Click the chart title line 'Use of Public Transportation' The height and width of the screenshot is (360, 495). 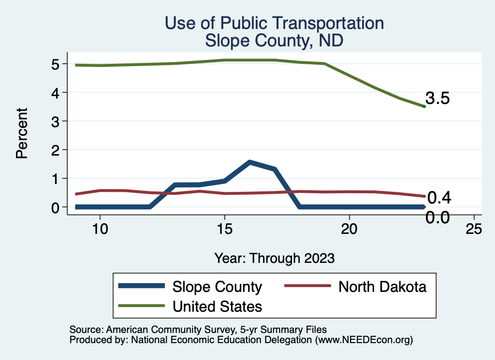click(274, 23)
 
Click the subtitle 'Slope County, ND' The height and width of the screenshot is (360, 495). click(274, 40)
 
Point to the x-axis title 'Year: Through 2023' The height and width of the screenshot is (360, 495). click(274, 258)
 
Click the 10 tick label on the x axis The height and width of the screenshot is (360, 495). click(100, 229)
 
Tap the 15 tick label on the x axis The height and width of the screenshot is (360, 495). click(224, 229)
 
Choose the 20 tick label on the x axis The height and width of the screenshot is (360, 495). click(349, 229)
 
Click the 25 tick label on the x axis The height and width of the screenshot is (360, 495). click(474, 229)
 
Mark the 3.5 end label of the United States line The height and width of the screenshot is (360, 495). click(438, 99)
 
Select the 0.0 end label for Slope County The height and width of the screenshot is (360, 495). click(438, 217)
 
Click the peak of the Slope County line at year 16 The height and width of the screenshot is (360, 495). click(249, 162)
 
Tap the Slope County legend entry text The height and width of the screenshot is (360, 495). click(217, 287)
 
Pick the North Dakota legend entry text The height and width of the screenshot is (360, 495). click(382, 287)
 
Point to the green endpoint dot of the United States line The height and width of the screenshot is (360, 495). click(424, 106)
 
